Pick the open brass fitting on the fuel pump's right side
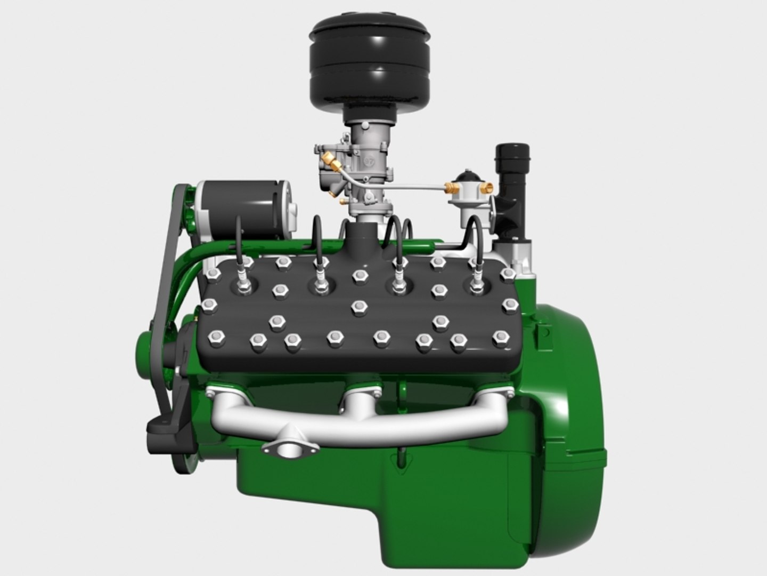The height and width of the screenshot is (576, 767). click(487, 188)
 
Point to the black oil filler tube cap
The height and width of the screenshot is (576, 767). click(509, 155)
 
